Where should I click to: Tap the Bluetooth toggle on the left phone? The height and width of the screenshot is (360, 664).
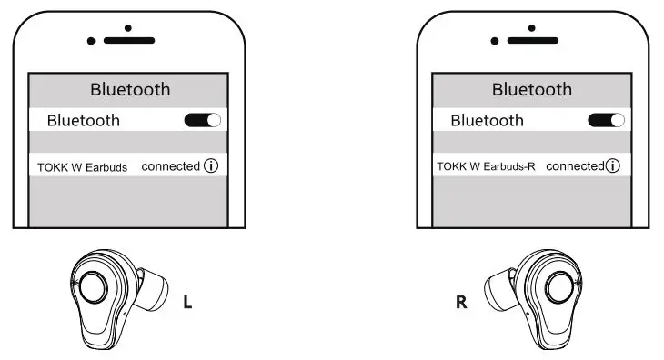202,120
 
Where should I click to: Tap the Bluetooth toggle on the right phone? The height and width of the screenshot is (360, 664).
606,120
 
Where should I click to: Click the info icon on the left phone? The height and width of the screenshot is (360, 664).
212,166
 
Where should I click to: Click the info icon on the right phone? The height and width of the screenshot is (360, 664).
613,166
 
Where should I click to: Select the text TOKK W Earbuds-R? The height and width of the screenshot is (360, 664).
488,167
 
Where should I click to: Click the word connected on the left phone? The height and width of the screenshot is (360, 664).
170,166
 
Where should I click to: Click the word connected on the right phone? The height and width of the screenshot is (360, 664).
575,166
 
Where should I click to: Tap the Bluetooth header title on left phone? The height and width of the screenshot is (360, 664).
130,89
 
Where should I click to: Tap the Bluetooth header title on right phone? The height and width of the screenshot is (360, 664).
532,89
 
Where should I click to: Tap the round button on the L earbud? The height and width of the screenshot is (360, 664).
93,290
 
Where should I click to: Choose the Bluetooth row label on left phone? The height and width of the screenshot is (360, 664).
83,120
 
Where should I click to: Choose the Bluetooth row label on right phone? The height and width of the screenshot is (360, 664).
487,120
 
